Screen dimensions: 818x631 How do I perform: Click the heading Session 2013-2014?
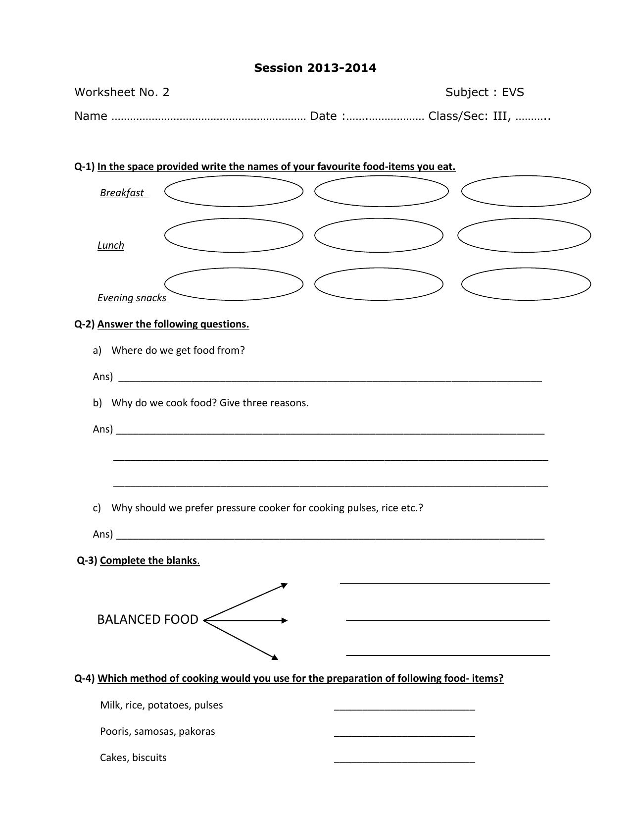[315, 68]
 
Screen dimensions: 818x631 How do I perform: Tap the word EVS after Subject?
[513, 92]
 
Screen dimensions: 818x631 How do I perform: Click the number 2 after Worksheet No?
[166, 92]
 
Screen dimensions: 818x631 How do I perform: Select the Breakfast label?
[122, 193]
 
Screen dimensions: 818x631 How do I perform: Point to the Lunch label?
[111, 245]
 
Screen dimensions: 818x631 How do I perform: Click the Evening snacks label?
[132, 298]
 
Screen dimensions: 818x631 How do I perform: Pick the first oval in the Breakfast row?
[234, 191]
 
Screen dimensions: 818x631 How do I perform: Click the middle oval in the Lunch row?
[379, 236]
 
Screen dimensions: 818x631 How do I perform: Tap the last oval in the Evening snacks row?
[526, 284]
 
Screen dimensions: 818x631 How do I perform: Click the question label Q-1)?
[84, 166]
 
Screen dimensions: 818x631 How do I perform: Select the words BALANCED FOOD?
[147, 619]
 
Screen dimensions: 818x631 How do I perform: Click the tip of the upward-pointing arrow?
[287, 584]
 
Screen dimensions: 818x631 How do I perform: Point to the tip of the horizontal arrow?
[287, 620]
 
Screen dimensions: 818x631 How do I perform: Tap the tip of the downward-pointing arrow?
[277, 659]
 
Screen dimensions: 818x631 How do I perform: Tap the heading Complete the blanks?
[148, 560]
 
